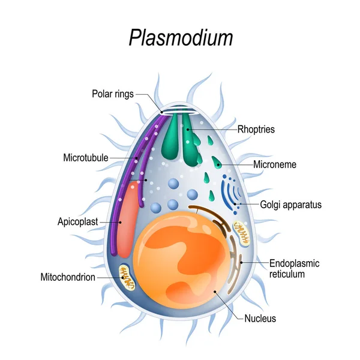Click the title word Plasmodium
(x=181, y=37)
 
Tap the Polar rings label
(x=113, y=94)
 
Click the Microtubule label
(x=85, y=158)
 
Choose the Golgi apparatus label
(x=290, y=205)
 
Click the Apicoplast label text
(x=77, y=221)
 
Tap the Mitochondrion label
(x=68, y=277)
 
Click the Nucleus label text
(x=260, y=319)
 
